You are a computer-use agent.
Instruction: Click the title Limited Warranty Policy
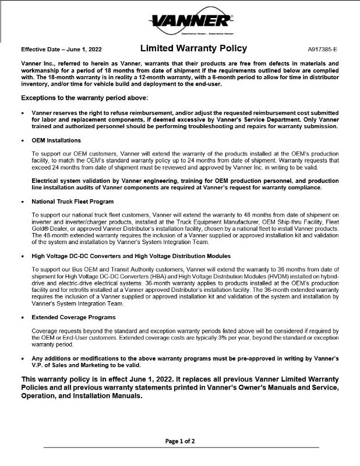pos(193,48)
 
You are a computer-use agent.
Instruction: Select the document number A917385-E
pos(322,50)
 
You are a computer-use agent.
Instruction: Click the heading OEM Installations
pos(57,140)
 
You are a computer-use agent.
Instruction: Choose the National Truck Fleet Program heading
pos(73,201)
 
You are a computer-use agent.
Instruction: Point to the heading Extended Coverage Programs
pos(73,317)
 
